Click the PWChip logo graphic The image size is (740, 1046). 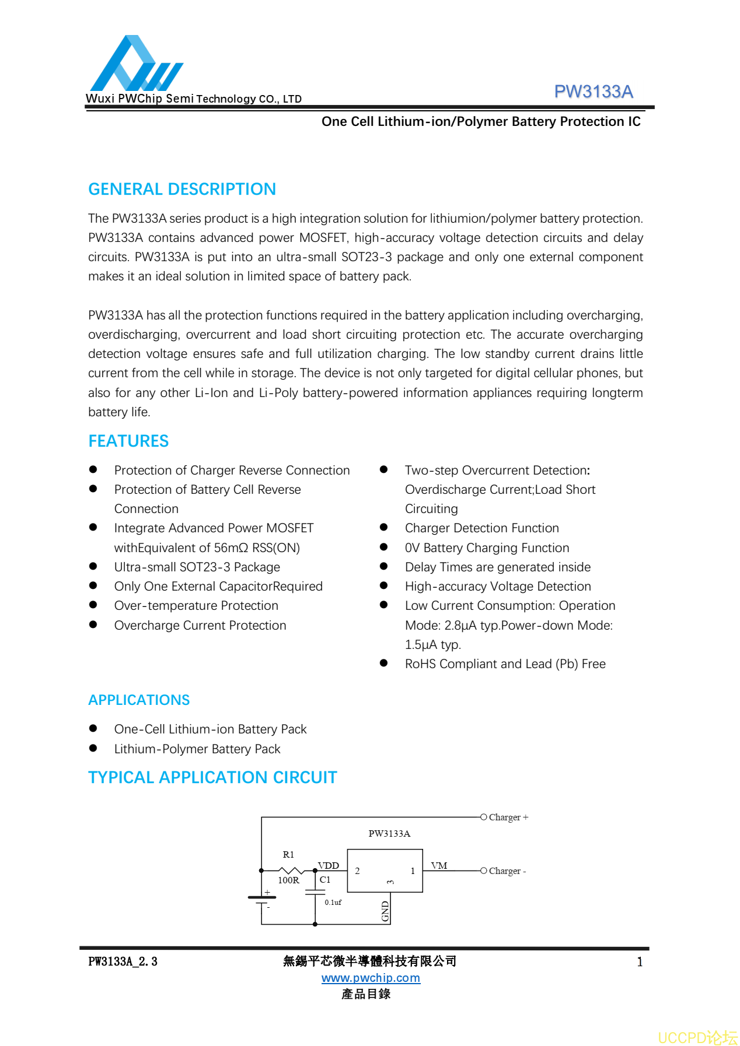[135, 64]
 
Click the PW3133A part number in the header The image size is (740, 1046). [593, 92]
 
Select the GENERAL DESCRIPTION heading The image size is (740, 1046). [182, 189]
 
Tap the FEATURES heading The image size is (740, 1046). [128, 441]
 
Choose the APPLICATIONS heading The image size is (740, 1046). [139, 700]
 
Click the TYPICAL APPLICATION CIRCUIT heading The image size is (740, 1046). [212, 777]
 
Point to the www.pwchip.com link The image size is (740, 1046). [371, 978]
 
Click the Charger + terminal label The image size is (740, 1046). [508, 817]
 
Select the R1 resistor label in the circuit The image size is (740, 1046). [288, 855]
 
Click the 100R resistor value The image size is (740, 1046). [288, 880]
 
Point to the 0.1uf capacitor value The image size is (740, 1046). [333, 903]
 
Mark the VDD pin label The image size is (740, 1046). [329, 866]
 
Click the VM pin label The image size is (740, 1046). [439, 866]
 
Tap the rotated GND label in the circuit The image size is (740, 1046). [385, 911]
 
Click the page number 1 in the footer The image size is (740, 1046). [640, 962]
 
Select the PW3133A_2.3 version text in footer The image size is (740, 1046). [123, 961]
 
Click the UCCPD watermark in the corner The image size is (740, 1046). [697, 1038]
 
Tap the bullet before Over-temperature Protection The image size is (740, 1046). [93, 605]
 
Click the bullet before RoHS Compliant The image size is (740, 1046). [383, 664]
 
